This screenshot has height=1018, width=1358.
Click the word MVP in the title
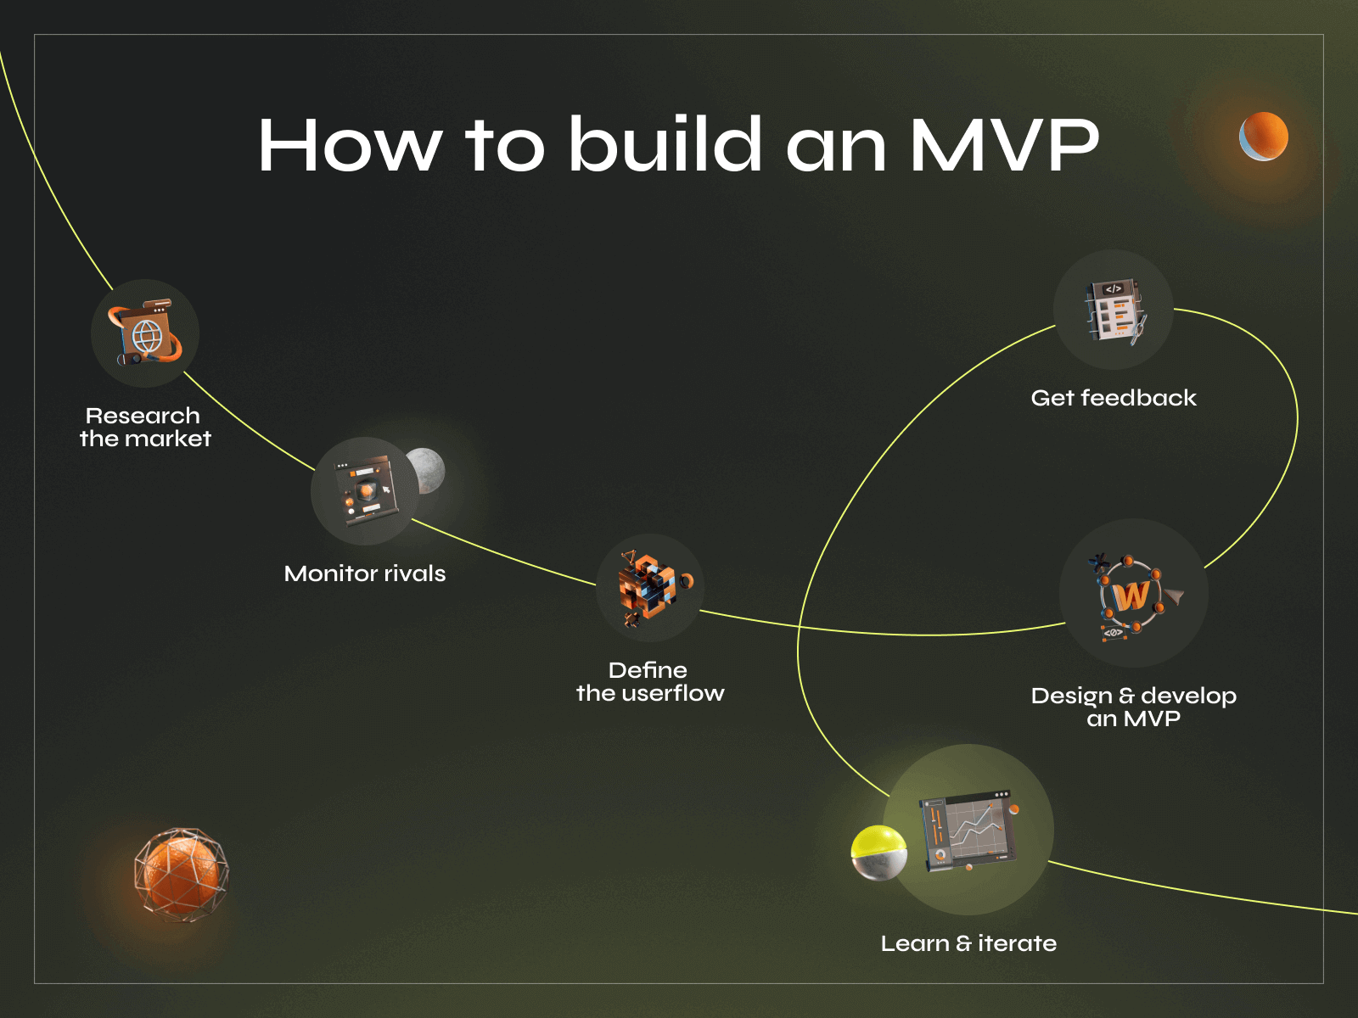pos(1004,145)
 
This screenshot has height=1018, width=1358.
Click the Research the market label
pos(145,428)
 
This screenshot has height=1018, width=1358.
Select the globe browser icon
pos(145,334)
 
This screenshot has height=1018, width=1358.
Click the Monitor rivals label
pos(365,574)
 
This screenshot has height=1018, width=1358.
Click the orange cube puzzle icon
pos(649,588)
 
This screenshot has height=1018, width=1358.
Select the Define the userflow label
pos(650,682)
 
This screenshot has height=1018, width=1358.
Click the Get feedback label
pos(1114,398)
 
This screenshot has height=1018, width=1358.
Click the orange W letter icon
pos(1131,596)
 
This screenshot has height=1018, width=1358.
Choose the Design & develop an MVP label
pos(1134,708)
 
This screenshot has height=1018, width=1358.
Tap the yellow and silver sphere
pos(879,853)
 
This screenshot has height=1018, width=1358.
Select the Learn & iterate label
pos(968,943)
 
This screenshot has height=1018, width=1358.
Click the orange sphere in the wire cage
pos(181,875)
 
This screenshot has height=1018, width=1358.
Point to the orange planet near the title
pos(1264,137)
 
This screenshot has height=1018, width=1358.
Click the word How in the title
pos(350,145)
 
